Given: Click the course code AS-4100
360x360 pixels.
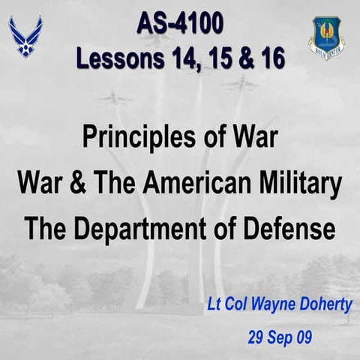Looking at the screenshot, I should [180, 24].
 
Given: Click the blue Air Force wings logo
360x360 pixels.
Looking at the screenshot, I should [25, 36].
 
